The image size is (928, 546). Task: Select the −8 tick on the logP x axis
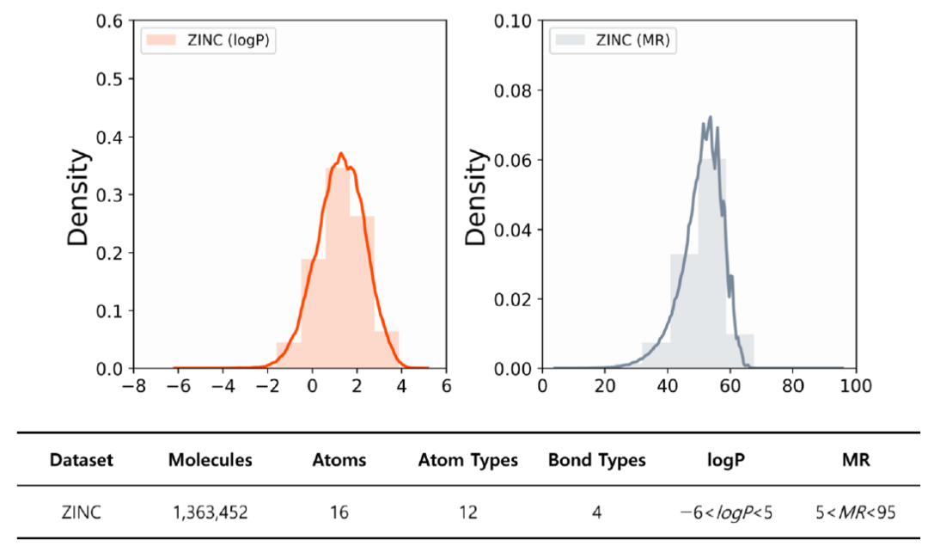133,386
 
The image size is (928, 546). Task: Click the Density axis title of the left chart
78,198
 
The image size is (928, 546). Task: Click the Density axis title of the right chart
478,198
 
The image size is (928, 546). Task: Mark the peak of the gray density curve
710,117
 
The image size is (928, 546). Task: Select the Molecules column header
211,460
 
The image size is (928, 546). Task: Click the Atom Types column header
468,460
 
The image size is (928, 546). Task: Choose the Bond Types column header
596,460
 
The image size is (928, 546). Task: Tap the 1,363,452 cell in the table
211,512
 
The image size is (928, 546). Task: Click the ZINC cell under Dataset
82,512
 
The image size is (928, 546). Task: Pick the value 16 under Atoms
339,512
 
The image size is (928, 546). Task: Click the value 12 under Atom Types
468,512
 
